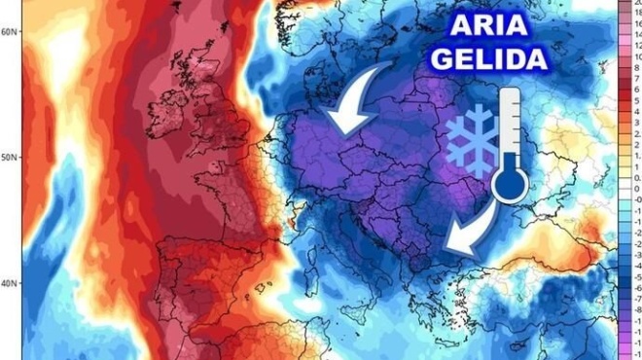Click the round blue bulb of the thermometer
pos(510,184)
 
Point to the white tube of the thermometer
pos(510,126)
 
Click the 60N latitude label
pos(10,31)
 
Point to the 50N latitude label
pos(10,157)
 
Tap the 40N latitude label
pos(10,283)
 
